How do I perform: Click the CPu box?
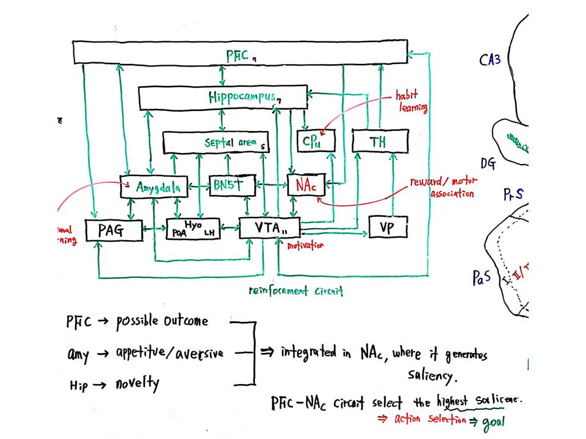(x=316, y=141)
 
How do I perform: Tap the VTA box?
(x=268, y=228)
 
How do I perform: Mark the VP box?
(x=388, y=228)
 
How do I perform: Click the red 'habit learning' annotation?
(x=411, y=102)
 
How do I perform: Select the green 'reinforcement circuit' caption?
(x=296, y=291)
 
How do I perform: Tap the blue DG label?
(x=488, y=163)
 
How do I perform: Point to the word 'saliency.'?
(x=432, y=376)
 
